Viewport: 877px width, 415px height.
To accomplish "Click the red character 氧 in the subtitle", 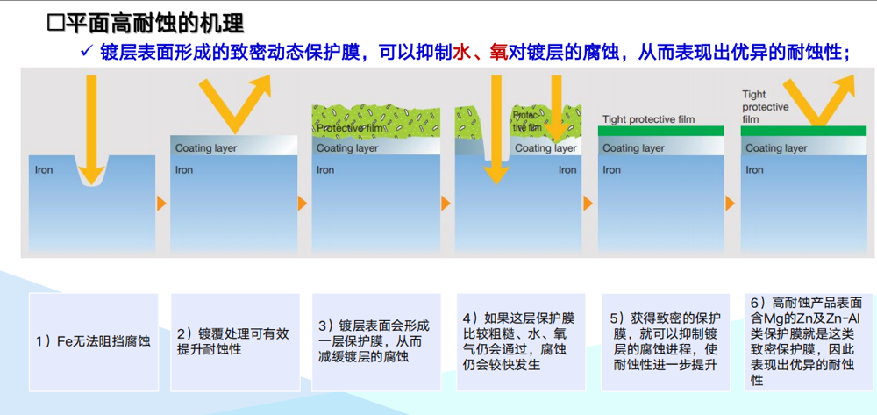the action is (496, 52).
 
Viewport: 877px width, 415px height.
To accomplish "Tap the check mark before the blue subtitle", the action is (86, 52).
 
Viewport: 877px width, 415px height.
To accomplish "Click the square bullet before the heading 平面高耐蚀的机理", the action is (54, 24).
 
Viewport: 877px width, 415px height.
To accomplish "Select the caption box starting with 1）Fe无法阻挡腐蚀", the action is (94, 341).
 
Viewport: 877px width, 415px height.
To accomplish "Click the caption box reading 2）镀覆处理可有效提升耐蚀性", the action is (235, 341).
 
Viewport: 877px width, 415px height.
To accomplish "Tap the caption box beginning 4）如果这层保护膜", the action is (521, 341).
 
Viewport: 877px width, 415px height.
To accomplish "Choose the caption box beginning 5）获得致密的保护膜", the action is (665, 341).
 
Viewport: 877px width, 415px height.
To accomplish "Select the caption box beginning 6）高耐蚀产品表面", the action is (809, 341).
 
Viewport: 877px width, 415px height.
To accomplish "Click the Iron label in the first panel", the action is (44, 169).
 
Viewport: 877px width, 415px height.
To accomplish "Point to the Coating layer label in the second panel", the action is (206, 148).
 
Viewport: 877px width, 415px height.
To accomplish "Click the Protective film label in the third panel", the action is (350, 129).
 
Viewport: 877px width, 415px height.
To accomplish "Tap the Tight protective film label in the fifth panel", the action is (648, 119).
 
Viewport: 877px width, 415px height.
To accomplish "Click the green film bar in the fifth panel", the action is (660, 131).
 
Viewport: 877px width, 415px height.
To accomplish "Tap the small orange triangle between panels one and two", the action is (161, 203).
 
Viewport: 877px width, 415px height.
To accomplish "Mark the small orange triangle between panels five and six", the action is (730, 203).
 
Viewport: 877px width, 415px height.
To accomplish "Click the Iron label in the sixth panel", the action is (754, 169).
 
